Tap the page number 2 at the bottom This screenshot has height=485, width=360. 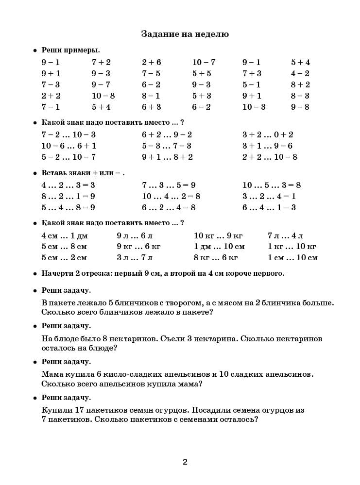tap(185, 462)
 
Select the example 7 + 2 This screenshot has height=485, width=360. tap(101, 62)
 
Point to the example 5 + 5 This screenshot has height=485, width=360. tap(202, 73)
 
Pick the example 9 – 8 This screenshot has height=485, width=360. tap(300, 107)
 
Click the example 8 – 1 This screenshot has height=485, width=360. tap(151, 96)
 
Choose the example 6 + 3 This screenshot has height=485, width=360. tap(151, 107)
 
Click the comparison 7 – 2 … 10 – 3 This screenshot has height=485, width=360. tap(69, 134)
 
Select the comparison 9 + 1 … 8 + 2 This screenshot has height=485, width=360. tap(167, 157)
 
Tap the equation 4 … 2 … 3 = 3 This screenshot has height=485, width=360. tap(68, 185)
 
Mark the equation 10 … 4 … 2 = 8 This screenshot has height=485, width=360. tap(171, 196)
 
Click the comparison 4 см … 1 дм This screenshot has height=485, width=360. tap(65, 235)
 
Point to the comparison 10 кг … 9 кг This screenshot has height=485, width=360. tap(218, 235)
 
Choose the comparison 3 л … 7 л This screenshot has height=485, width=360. tap(134, 258)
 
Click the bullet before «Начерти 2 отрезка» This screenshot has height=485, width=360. tap(35, 273)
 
